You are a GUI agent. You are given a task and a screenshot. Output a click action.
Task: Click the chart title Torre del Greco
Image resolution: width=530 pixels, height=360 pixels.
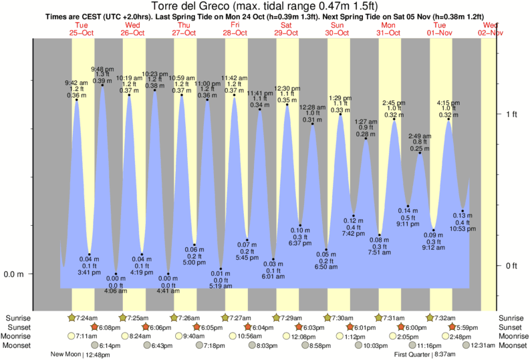[265, 7]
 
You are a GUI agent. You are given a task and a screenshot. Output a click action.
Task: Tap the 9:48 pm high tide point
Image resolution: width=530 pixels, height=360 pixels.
[102, 85]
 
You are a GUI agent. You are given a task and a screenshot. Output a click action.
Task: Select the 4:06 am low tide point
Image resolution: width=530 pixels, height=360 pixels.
[116, 274]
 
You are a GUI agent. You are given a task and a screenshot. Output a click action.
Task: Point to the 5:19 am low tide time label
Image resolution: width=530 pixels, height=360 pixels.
[221, 286]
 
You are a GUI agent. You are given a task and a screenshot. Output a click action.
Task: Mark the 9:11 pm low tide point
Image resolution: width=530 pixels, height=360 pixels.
[408, 206]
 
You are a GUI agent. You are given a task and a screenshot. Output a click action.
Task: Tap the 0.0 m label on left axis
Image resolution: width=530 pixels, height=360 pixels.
[14, 274]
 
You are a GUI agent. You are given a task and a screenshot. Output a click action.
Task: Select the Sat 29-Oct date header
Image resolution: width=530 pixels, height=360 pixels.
[286, 29]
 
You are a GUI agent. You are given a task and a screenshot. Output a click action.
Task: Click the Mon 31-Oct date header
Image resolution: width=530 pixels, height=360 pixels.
[388, 29]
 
